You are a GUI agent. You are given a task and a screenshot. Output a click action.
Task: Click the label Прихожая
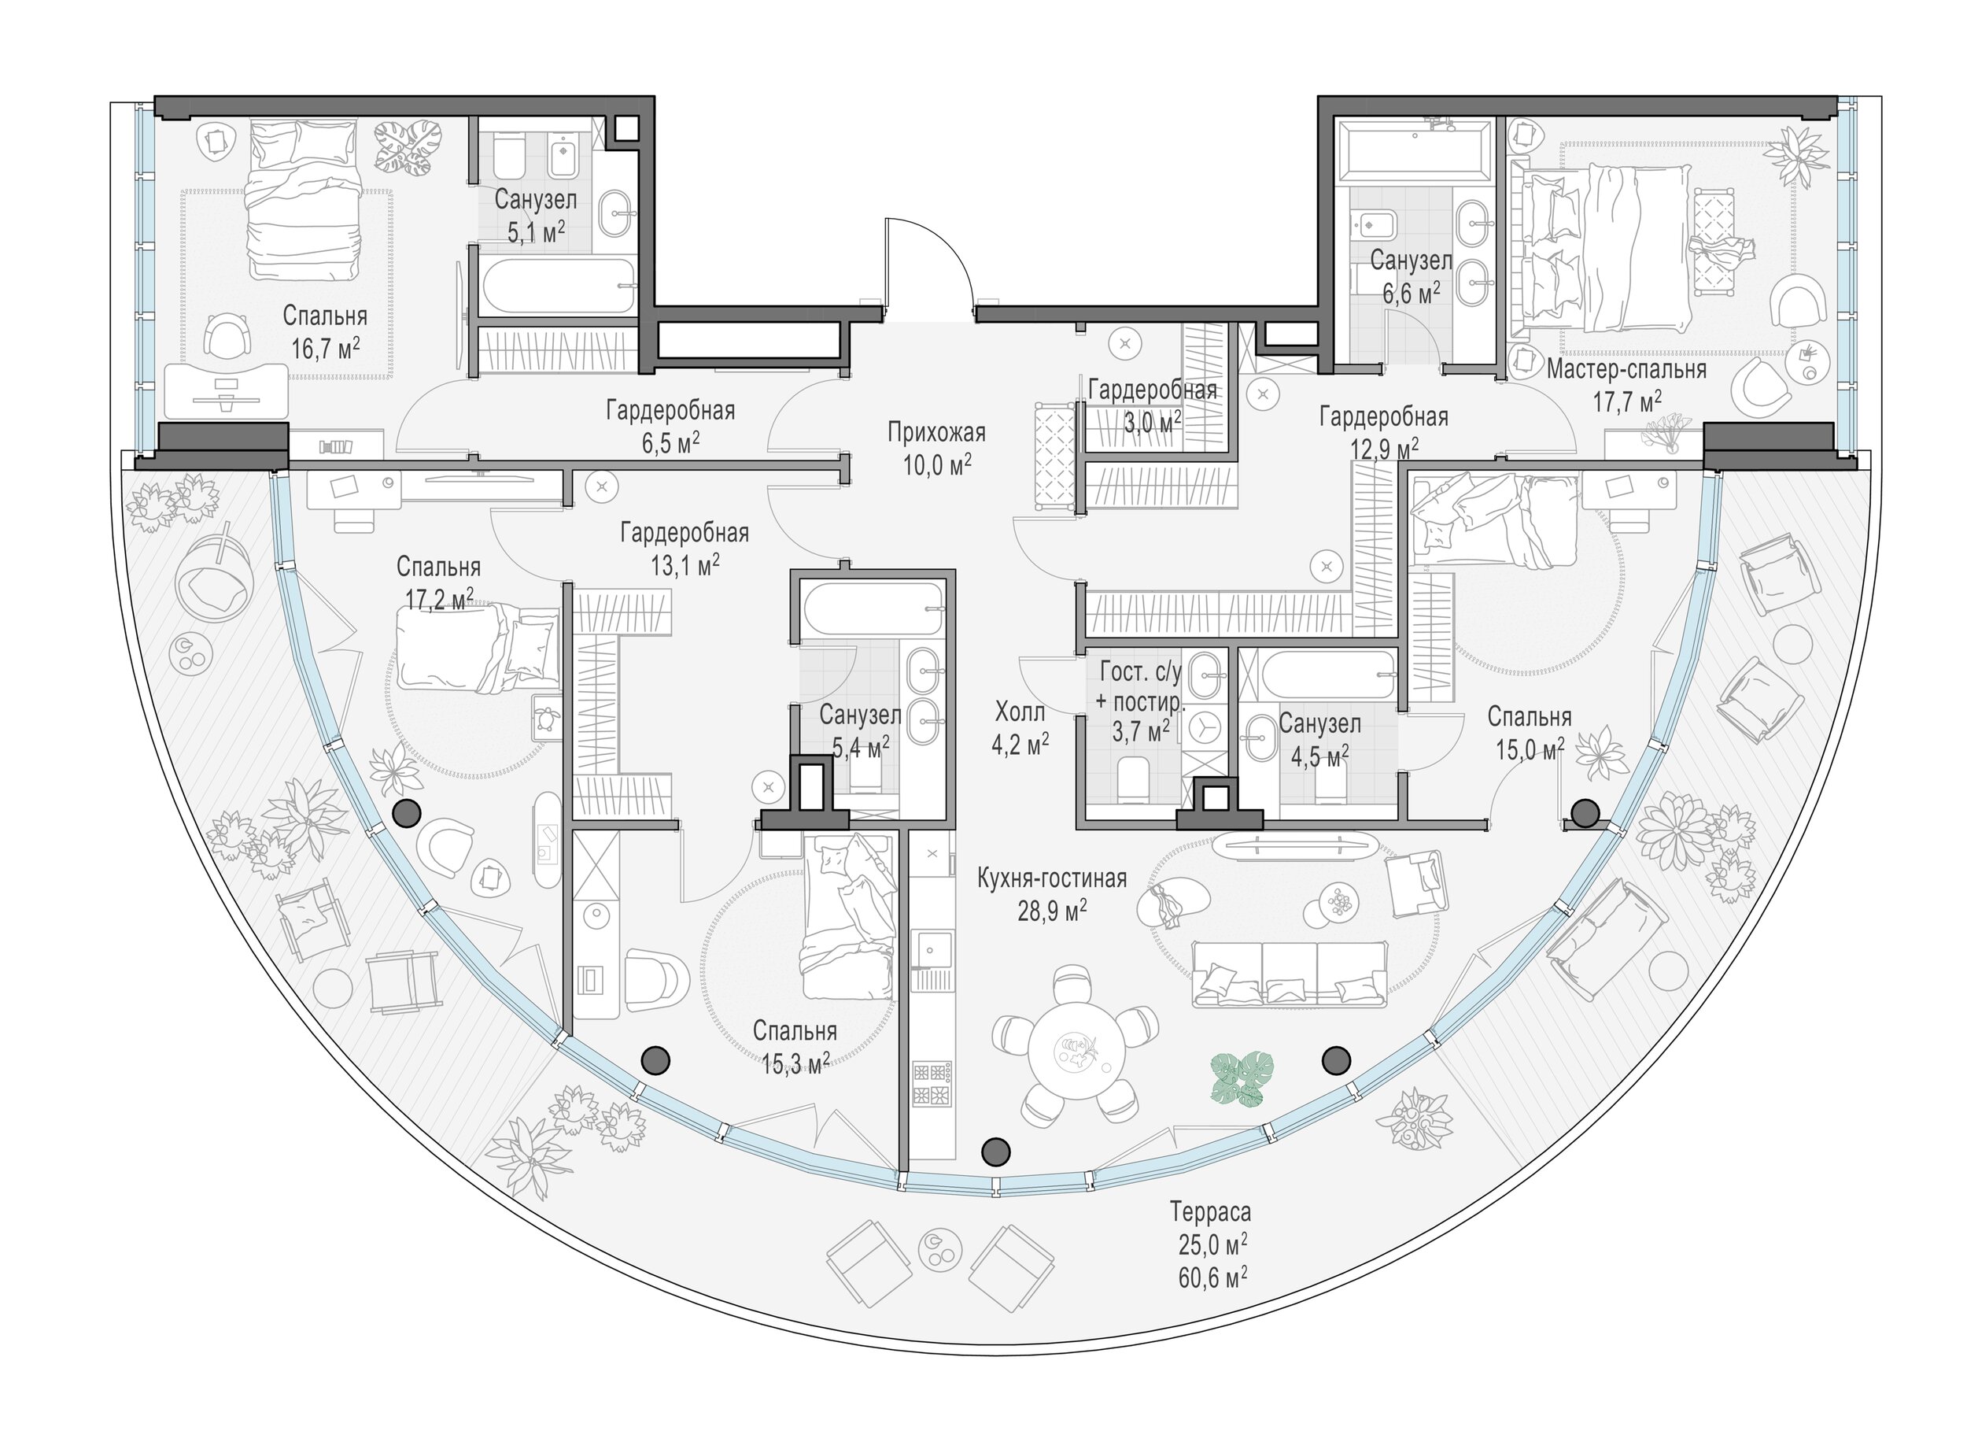pyautogui.click(x=936, y=433)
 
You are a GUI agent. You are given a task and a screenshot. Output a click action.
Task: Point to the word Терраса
pyautogui.click(x=1210, y=1213)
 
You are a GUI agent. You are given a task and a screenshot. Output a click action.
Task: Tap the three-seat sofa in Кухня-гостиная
pyautogui.click(x=1289, y=974)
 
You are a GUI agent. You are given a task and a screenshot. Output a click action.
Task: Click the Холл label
pyautogui.click(x=1020, y=711)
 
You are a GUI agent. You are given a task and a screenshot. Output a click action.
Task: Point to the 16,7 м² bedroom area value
pyautogui.click(x=326, y=349)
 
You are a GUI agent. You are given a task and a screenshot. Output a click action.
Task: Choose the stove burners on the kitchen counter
pyautogui.click(x=932, y=1083)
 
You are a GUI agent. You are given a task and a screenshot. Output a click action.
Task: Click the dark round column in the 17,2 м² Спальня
pyautogui.click(x=406, y=814)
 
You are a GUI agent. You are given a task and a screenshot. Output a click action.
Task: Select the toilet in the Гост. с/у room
pyautogui.click(x=1134, y=779)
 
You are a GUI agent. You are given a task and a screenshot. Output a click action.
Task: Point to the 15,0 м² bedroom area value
pyautogui.click(x=1529, y=749)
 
